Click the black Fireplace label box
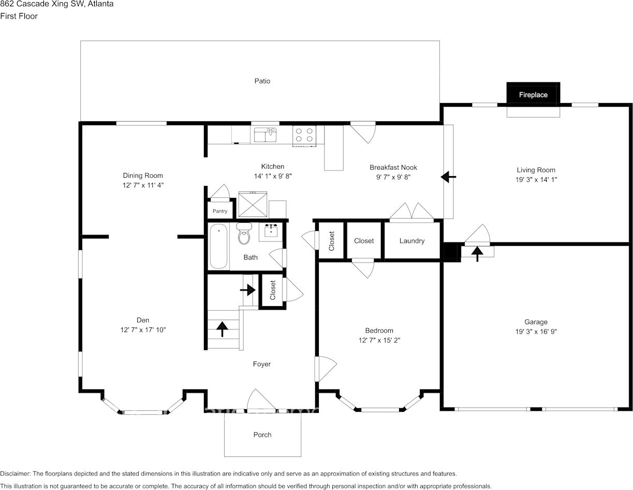point(533,94)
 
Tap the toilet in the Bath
point(243,235)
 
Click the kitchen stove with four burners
point(304,135)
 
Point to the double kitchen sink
point(265,135)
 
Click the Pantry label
point(220,211)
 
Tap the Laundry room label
point(412,241)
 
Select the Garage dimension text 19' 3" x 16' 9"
point(536,332)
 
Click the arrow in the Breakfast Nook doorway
point(448,177)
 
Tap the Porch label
point(262,435)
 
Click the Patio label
point(262,81)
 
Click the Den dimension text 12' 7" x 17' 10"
point(143,330)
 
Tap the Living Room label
point(536,170)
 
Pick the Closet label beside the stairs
point(273,291)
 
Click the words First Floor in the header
point(19,16)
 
